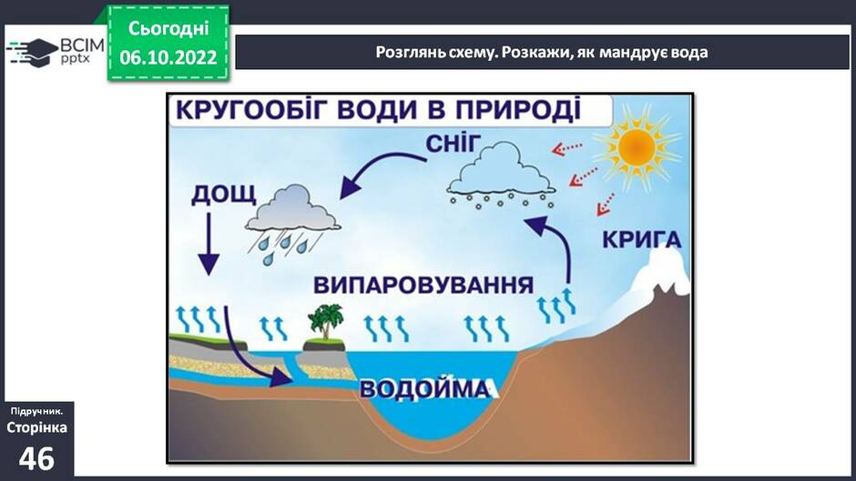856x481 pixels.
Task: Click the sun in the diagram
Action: pos(637,146)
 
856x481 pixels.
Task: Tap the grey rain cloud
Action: pos(292,210)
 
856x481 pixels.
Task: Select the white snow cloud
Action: pos(500,170)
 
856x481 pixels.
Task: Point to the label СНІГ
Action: pos(453,144)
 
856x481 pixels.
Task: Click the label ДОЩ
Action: pos(224,195)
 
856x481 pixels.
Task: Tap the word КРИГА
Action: pos(642,240)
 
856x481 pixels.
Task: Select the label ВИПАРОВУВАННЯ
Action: pos(423,286)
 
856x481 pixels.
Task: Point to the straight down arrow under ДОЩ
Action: pos(209,245)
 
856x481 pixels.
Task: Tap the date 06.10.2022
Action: pos(168,57)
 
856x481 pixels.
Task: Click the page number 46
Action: pos(36,458)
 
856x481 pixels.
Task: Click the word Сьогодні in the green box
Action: pos(168,28)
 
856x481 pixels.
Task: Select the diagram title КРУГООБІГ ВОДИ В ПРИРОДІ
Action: pos(378,110)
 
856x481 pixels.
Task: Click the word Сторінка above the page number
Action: pos(36,427)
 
